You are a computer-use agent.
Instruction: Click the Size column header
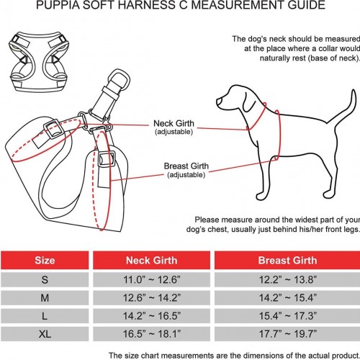pos(45,260)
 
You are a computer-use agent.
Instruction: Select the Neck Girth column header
pos(152,260)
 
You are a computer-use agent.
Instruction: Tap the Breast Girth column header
pos(287,260)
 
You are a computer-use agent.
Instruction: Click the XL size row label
pos(45,334)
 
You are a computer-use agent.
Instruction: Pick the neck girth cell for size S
pos(152,279)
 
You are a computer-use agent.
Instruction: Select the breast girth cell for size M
pos(287,297)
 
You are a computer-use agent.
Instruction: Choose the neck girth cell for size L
pos(152,316)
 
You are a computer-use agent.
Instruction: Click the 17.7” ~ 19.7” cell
pos(287,334)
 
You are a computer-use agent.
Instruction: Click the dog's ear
pos(249,101)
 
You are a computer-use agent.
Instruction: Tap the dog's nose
pos(218,102)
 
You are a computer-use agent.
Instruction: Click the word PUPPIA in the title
pos(58,5)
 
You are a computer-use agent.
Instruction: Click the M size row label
pos(45,297)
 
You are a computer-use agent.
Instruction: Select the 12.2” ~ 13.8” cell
pos(287,279)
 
